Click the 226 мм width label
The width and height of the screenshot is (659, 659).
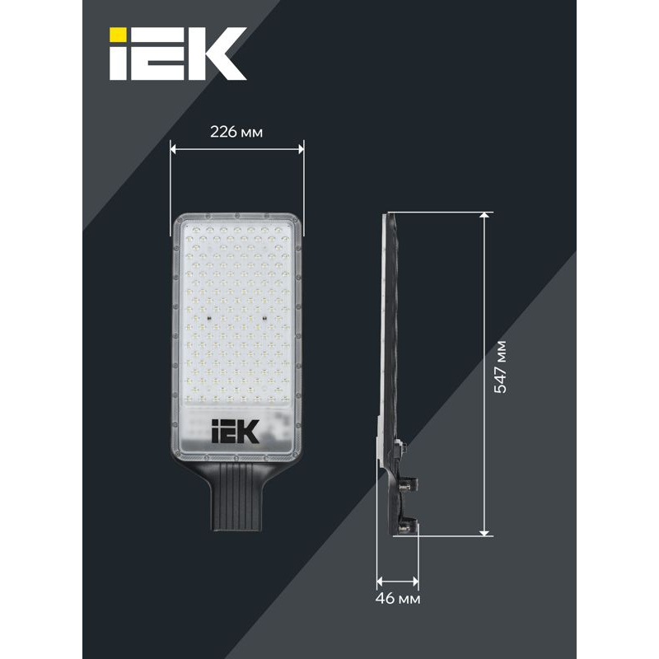pos(237,133)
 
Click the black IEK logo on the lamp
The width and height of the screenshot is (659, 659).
pos(236,432)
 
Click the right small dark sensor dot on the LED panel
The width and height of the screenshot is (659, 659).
pos(264,315)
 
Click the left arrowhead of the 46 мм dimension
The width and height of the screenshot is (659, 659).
pos(381,578)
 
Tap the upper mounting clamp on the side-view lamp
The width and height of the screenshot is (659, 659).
pos(406,485)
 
